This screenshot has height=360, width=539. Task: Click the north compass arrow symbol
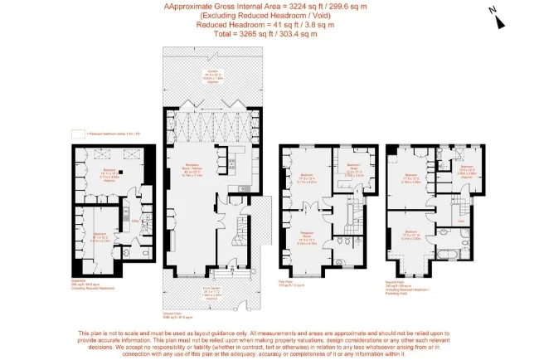click(x=494, y=11)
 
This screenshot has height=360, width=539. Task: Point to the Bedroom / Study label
click(x=349, y=170)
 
